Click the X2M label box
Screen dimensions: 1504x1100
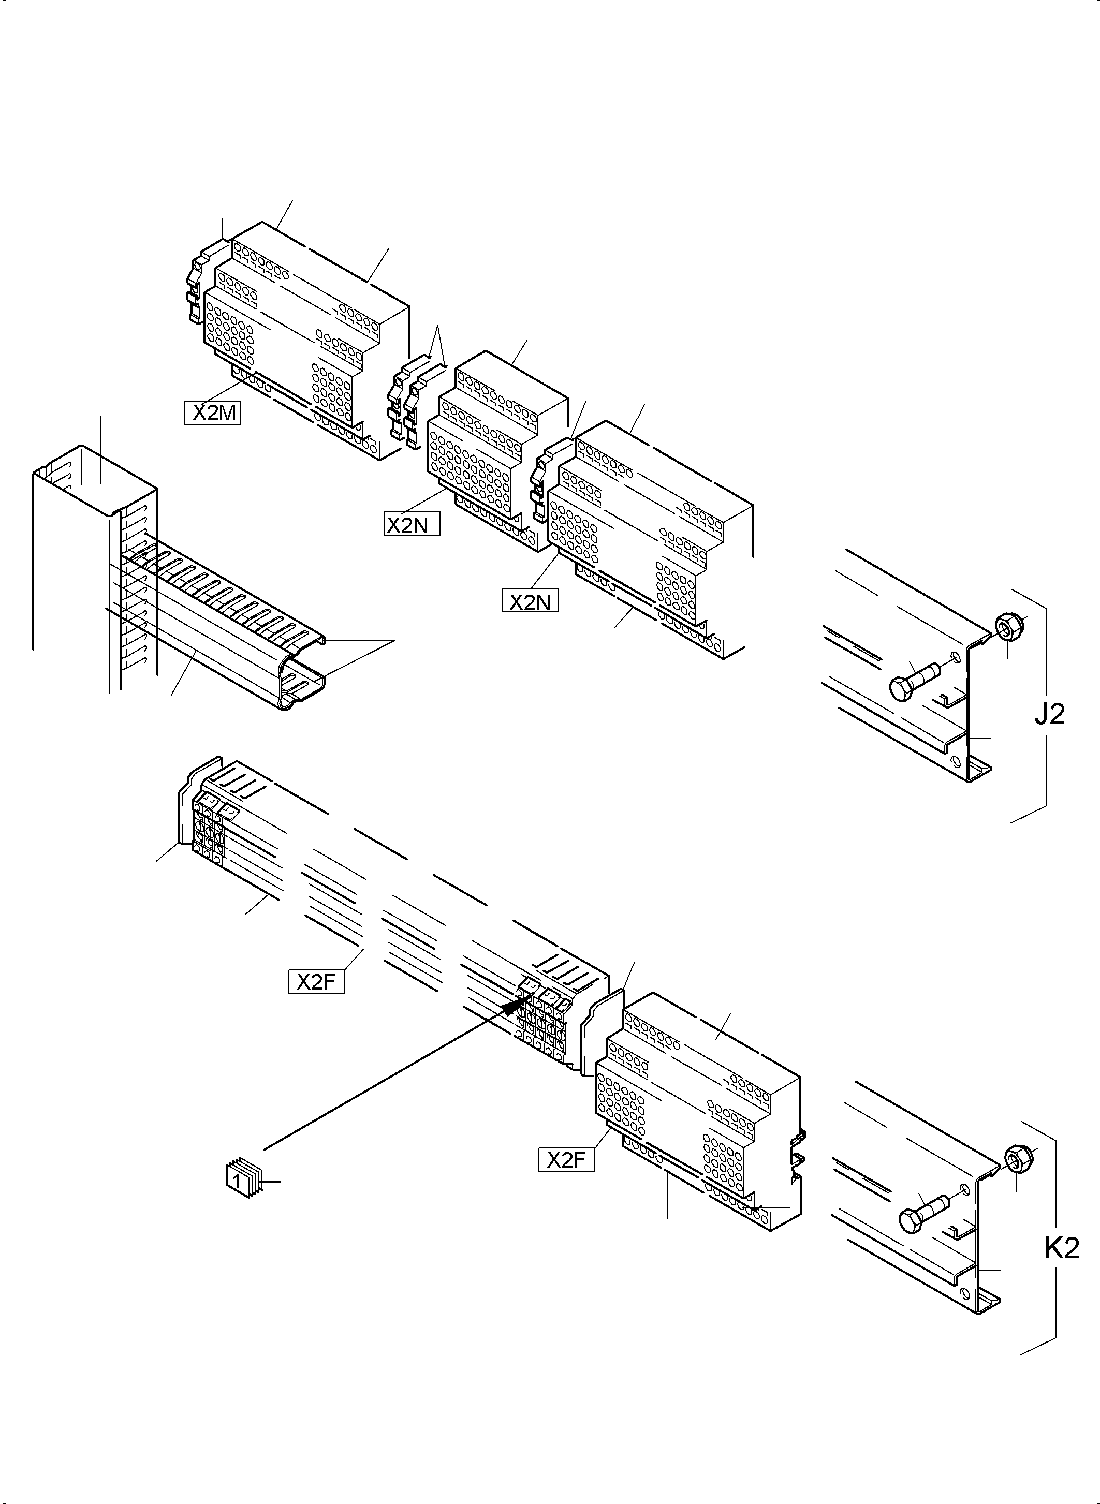[212, 414]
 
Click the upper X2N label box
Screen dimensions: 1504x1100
[412, 525]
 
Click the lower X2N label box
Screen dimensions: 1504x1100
[530, 602]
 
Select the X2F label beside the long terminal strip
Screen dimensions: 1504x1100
[316, 982]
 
